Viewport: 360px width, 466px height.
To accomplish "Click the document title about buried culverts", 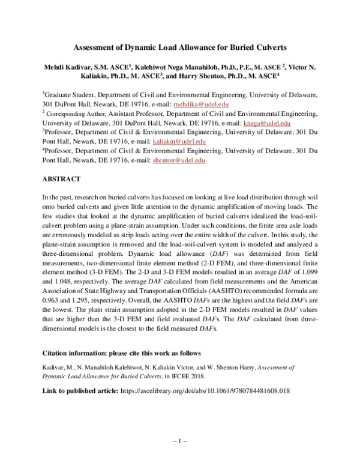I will [x=180, y=46].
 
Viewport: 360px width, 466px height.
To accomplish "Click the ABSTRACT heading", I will [x=65, y=179].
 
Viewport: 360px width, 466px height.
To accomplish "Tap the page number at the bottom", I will [x=180, y=441].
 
